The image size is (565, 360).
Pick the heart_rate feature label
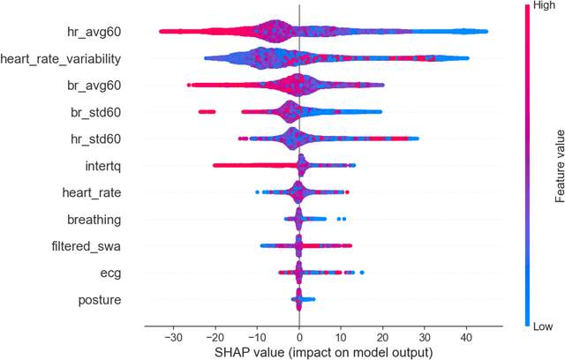click(x=91, y=192)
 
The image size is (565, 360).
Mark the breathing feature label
click(x=94, y=220)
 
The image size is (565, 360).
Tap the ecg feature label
click(x=110, y=274)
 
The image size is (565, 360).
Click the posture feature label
click(x=100, y=300)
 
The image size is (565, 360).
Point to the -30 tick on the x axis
click(x=173, y=336)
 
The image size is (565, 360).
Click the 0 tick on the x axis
click(x=299, y=336)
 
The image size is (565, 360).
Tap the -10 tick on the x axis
click(x=257, y=336)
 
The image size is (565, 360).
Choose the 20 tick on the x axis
click(x=383, y=336)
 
